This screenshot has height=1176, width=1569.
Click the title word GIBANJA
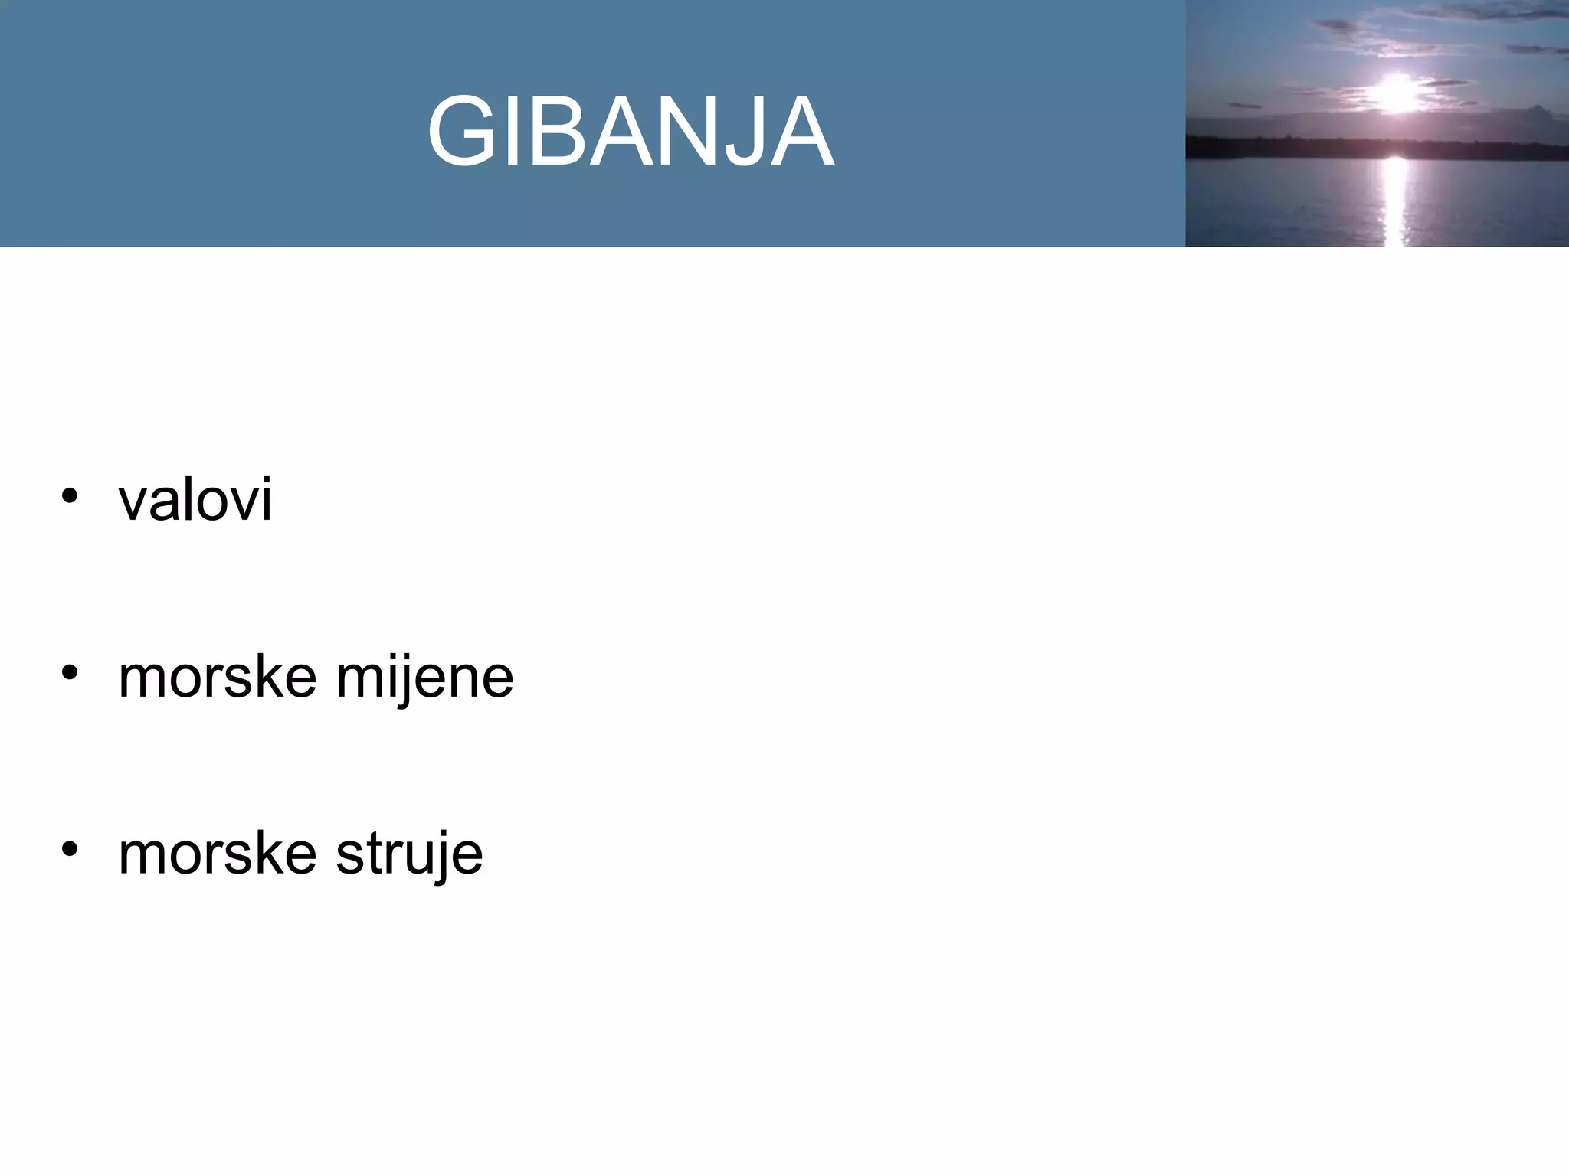click(631, 132)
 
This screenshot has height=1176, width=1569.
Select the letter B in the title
click(550, 132)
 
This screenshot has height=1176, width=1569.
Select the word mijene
click(425, 678)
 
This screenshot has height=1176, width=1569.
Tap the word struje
click(410, 854)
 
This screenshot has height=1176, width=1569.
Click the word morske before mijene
click(218, 678)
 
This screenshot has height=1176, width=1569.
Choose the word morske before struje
click(218, 854)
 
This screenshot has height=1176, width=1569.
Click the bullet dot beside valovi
click(70, 496)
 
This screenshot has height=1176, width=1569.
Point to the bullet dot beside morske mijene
click(70, 673)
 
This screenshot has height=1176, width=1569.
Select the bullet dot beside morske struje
click(70, 849)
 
